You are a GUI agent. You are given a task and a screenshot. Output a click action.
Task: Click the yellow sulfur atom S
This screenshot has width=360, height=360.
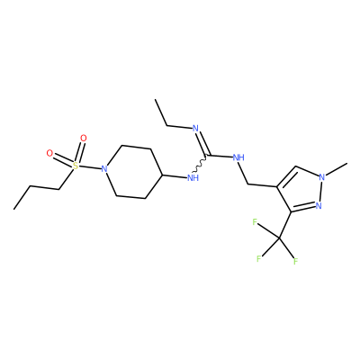coord(76,165)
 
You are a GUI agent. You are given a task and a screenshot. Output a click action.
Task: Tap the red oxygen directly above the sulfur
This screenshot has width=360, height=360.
coord(84,139)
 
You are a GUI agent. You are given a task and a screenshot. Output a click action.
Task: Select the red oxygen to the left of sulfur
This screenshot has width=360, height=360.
coord(49,153)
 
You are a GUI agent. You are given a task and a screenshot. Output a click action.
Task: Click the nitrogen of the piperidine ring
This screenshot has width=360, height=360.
coord(104,169)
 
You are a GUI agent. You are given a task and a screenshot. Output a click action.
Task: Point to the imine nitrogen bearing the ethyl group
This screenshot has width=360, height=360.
coord(195,129)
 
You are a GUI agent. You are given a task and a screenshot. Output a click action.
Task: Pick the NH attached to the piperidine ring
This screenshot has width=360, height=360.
coord(193,178)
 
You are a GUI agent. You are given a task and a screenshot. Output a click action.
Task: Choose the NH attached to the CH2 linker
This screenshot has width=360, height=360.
coord(238,157)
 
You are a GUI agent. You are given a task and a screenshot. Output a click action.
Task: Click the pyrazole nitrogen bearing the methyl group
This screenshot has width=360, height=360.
coord(322,177)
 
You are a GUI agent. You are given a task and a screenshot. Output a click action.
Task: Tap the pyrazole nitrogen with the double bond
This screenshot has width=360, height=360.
coord(319,206)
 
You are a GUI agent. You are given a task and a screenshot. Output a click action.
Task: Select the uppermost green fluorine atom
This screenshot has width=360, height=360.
coord(255,222)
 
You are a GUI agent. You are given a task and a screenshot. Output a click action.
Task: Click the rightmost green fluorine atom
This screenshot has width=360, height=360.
coord(296,261)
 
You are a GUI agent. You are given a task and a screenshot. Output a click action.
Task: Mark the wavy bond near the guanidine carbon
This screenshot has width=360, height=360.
coord(200,165)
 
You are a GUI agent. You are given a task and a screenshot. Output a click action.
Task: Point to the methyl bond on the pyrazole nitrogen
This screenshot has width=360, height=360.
coord(337,169)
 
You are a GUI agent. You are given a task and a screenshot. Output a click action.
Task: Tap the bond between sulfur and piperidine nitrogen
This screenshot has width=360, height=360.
coord(90,167)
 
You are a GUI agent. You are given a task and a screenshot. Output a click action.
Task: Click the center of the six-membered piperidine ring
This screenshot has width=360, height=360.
coord(133,172)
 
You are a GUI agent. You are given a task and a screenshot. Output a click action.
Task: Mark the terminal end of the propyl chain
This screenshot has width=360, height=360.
coord(13,209)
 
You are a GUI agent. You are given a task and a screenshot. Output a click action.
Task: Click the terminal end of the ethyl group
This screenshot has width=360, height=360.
coord(155,99)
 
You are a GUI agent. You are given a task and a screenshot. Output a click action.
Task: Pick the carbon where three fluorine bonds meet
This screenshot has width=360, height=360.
coord(279,238)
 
